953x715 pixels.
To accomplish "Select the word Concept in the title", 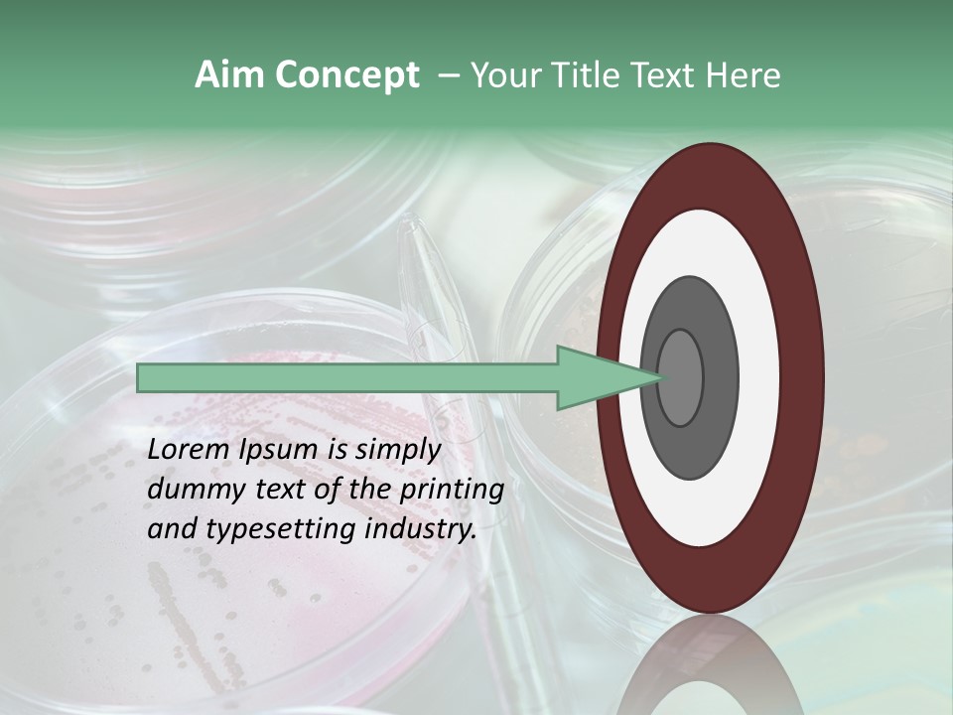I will point(347,75).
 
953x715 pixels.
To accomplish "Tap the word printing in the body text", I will point(452,490).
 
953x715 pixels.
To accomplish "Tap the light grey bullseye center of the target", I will point(680,378).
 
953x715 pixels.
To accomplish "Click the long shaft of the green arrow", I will point(347,378).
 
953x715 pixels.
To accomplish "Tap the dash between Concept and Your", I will point(448,75).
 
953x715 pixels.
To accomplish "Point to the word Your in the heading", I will point(505,75).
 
